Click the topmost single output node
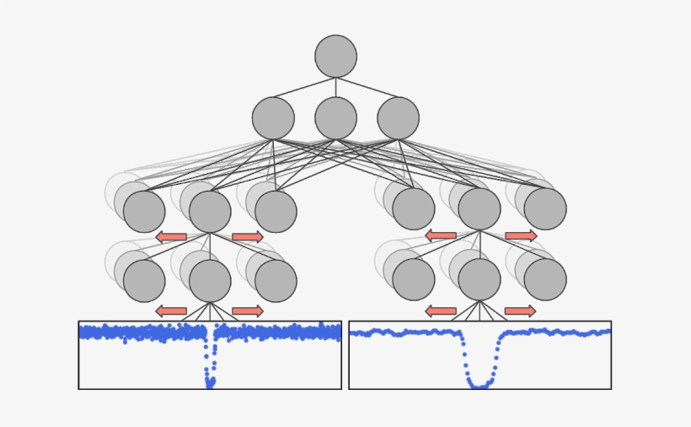point(335,56)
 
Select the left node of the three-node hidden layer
point(273,118)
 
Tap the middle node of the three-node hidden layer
point(335,118)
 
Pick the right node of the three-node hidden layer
point(398,118)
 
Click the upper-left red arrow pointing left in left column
point(171,237)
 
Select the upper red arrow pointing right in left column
point(248,237)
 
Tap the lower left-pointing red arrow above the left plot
point(171,311)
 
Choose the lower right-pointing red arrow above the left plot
point(248,311)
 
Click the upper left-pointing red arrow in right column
point(441,236)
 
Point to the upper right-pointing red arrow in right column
point(521,236)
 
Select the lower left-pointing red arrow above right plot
point(441,311)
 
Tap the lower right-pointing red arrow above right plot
point(521,311)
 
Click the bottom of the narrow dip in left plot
point(210,384)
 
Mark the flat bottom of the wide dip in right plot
point(479,386)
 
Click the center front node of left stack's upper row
point(210,211)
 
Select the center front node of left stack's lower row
point(210,280)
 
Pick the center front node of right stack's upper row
point(479,209)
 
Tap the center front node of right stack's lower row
point(479,279)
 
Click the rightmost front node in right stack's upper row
point(545,209)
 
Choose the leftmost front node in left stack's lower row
point(144,280)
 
